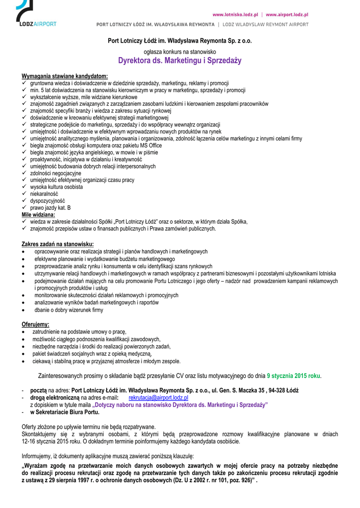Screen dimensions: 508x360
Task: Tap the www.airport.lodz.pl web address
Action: [x=287, y=15]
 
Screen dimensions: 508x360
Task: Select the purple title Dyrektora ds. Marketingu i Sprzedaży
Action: [x=180, y=61]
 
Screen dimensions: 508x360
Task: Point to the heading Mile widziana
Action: [x=38, y=215]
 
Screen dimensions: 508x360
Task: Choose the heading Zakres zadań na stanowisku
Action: [x=57, y=244]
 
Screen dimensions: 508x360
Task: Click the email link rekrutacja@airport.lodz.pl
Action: [x=158, y=398]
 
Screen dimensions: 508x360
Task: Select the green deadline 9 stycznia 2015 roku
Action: [x=293, y=376]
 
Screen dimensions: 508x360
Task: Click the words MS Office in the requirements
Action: [x=148, y=145]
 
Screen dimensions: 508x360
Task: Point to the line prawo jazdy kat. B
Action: [x=50, y=208]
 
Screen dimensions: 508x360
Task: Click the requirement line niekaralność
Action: [x=44, y=194]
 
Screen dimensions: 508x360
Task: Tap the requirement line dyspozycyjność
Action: [x=47, y=201]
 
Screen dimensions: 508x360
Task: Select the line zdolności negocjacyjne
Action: [x=55, y=173]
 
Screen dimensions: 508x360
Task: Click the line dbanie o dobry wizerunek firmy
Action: [x=69, y=310]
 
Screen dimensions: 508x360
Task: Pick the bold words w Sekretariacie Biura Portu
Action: [x=65, y=412]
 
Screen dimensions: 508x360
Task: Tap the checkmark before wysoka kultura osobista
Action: [x=24, y=187]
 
